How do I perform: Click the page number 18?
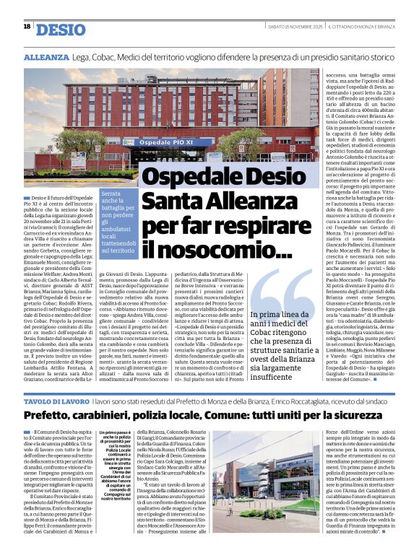point(27,26)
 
